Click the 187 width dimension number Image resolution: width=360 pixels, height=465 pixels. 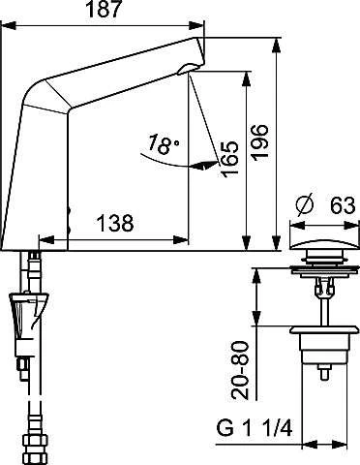[x=104, y=10]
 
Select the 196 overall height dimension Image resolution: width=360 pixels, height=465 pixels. [x=260, y=142]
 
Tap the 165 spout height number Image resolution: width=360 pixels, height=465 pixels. [x=229, y=159]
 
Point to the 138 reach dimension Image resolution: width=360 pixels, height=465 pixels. [x=115, y=223]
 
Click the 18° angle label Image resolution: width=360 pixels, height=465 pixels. [x=164, y=143]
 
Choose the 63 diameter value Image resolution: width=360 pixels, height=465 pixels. [x=343, y=205]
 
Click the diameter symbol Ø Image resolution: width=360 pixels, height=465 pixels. [x=305, y=204]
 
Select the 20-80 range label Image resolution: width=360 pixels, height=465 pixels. [x=241, y=370]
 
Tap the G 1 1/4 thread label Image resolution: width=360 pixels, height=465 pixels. [x=255, y=429]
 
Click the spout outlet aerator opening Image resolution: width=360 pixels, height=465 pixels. [x=188, y=69]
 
